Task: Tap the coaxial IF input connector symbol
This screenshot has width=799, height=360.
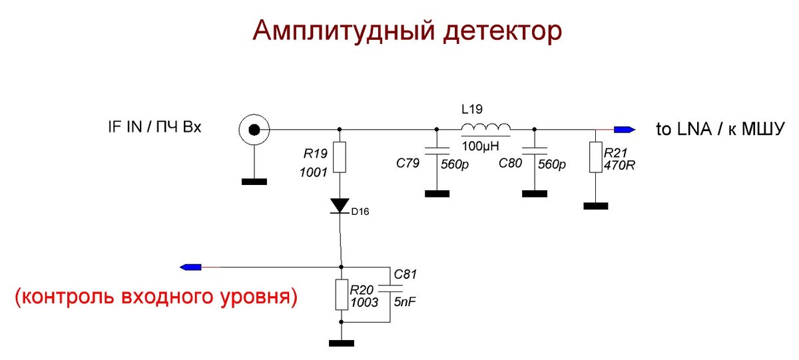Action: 254,129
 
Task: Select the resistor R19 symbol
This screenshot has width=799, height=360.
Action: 340,158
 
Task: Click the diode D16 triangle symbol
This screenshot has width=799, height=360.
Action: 340,205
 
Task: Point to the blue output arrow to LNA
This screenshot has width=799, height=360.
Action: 625,129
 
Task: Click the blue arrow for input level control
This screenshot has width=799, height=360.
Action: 191,267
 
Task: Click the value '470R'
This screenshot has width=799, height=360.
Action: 619,165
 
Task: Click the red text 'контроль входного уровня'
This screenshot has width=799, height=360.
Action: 155,297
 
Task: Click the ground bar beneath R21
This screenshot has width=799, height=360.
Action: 595,206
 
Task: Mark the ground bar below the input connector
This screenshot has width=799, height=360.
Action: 254,181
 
